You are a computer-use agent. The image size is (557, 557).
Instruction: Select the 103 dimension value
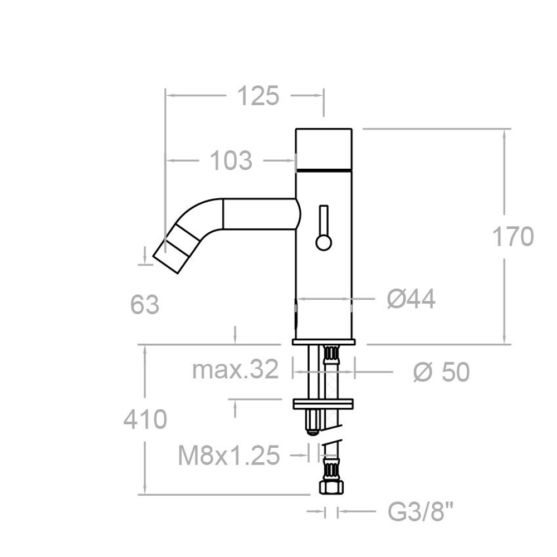pos(231,161)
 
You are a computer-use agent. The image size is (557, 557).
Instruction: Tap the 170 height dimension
pos(512,237)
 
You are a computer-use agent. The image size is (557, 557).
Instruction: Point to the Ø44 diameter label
pos(411,300)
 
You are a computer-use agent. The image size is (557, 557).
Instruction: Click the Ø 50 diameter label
pos(441,372)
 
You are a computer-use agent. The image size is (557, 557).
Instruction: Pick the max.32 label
pos(234,369)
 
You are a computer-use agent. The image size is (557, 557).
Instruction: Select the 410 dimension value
pos(145,419)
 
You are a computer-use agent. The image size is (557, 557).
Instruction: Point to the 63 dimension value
pos(145,305)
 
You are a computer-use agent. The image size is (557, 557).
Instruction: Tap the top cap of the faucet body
pos(324,148)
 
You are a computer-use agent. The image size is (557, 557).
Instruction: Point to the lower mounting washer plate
pos(324,403)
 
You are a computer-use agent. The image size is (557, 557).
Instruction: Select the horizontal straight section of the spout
pos(259,214)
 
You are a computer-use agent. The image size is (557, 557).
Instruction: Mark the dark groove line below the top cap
pos(324,169)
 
